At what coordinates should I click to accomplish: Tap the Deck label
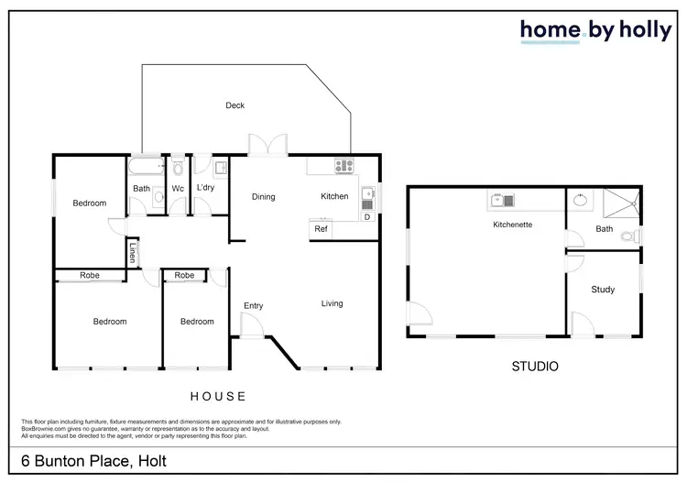click(235, 105)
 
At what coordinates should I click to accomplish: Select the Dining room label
click(264, 197)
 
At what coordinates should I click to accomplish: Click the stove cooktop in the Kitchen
click(344, 166)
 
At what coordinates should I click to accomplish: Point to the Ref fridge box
click(322, 229)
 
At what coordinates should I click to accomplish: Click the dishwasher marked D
click(367, 217)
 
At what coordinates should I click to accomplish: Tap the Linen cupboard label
click(132, 251)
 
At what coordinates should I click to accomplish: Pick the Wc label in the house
click(178, 189)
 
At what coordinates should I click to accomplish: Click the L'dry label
click(205, 189)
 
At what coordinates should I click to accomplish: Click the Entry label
click(254, 306)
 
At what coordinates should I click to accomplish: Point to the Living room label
click(332, 303)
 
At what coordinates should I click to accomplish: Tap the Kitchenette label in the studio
click(513, 225)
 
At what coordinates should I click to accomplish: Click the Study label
click(603, 290)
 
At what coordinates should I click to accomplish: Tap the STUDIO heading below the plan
click(535, 367)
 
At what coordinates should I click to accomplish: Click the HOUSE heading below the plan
click(218, 397)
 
